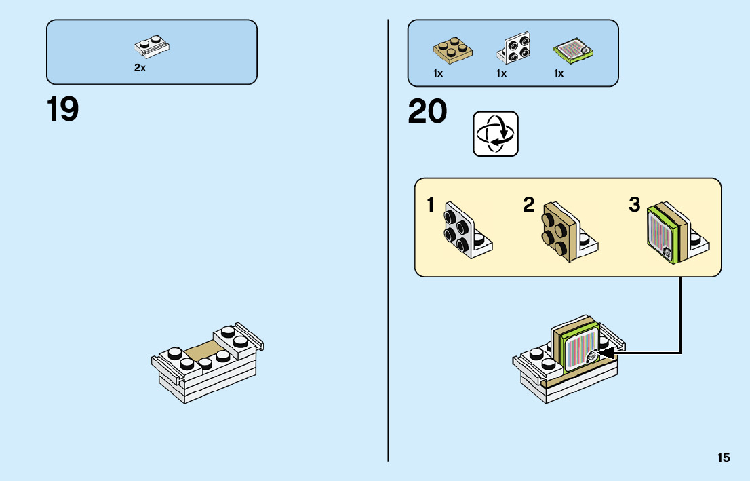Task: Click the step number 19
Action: pos(62,109)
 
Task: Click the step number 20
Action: pos(427,112)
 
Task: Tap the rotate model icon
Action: pos(495,134)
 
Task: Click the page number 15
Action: pos(724,457)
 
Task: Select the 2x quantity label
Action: pos(140,69)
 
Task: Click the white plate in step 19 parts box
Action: pos(152,45)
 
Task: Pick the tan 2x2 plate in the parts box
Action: pos(453,49)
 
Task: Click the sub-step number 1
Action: pos(431,205)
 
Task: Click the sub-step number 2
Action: pos(529,205)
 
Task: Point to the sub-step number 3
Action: pos(634,205)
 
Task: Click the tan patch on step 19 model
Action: pos(204,352)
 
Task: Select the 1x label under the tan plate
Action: pos(438,73)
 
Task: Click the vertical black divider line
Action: pos(389,271)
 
